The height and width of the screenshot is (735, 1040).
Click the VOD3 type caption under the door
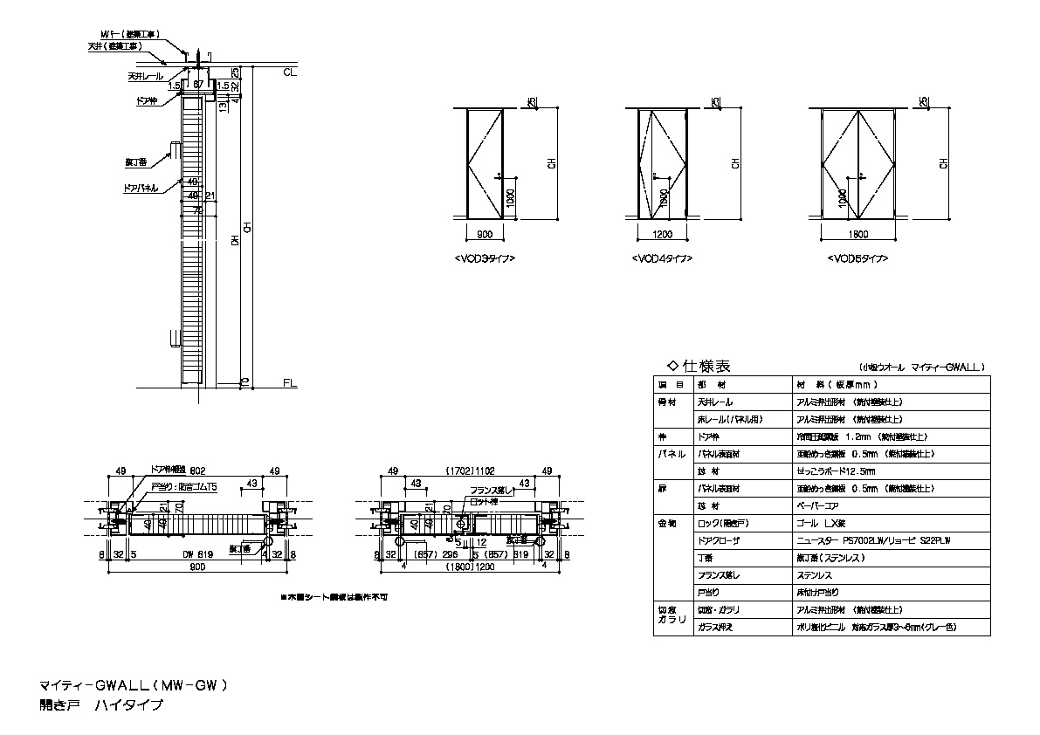485,259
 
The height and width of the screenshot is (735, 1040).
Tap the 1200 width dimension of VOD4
663,234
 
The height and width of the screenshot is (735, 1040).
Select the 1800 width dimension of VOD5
860,234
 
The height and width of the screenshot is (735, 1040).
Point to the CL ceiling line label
290,72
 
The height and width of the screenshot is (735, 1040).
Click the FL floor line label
290,383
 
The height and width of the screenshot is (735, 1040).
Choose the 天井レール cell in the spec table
715,402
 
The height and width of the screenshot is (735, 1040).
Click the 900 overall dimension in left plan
196,567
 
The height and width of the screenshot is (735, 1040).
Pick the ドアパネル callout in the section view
141,188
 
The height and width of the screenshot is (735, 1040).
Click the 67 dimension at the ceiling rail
198,85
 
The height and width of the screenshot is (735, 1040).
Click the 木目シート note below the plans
334,597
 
